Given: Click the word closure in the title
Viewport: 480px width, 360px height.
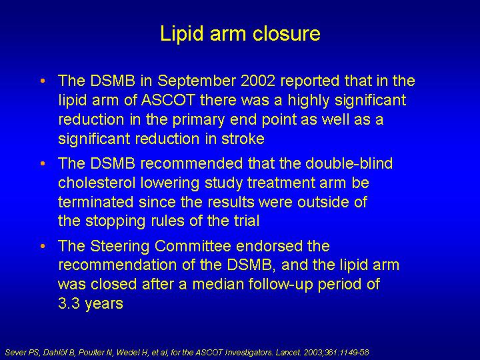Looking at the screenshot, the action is point(287,33).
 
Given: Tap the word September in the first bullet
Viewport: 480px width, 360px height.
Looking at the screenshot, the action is point(197,81).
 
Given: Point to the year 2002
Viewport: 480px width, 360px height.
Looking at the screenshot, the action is point(258,81).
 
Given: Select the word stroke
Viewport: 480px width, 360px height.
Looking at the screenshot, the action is point(243,139).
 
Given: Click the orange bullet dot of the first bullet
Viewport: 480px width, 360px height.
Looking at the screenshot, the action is point(43,81).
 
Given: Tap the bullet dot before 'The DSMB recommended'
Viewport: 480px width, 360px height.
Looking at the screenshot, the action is point(43,164).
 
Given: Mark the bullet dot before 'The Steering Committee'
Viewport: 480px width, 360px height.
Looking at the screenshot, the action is point(43,246).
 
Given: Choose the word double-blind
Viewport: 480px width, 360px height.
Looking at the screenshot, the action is point(349,163).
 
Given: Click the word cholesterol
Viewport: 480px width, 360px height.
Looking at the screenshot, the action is point(97,183).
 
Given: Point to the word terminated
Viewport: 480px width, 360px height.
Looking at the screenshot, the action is point(96,202).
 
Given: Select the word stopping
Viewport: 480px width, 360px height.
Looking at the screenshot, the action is point(115,222).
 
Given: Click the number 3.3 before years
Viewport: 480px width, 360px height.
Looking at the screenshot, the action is point(69,303).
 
